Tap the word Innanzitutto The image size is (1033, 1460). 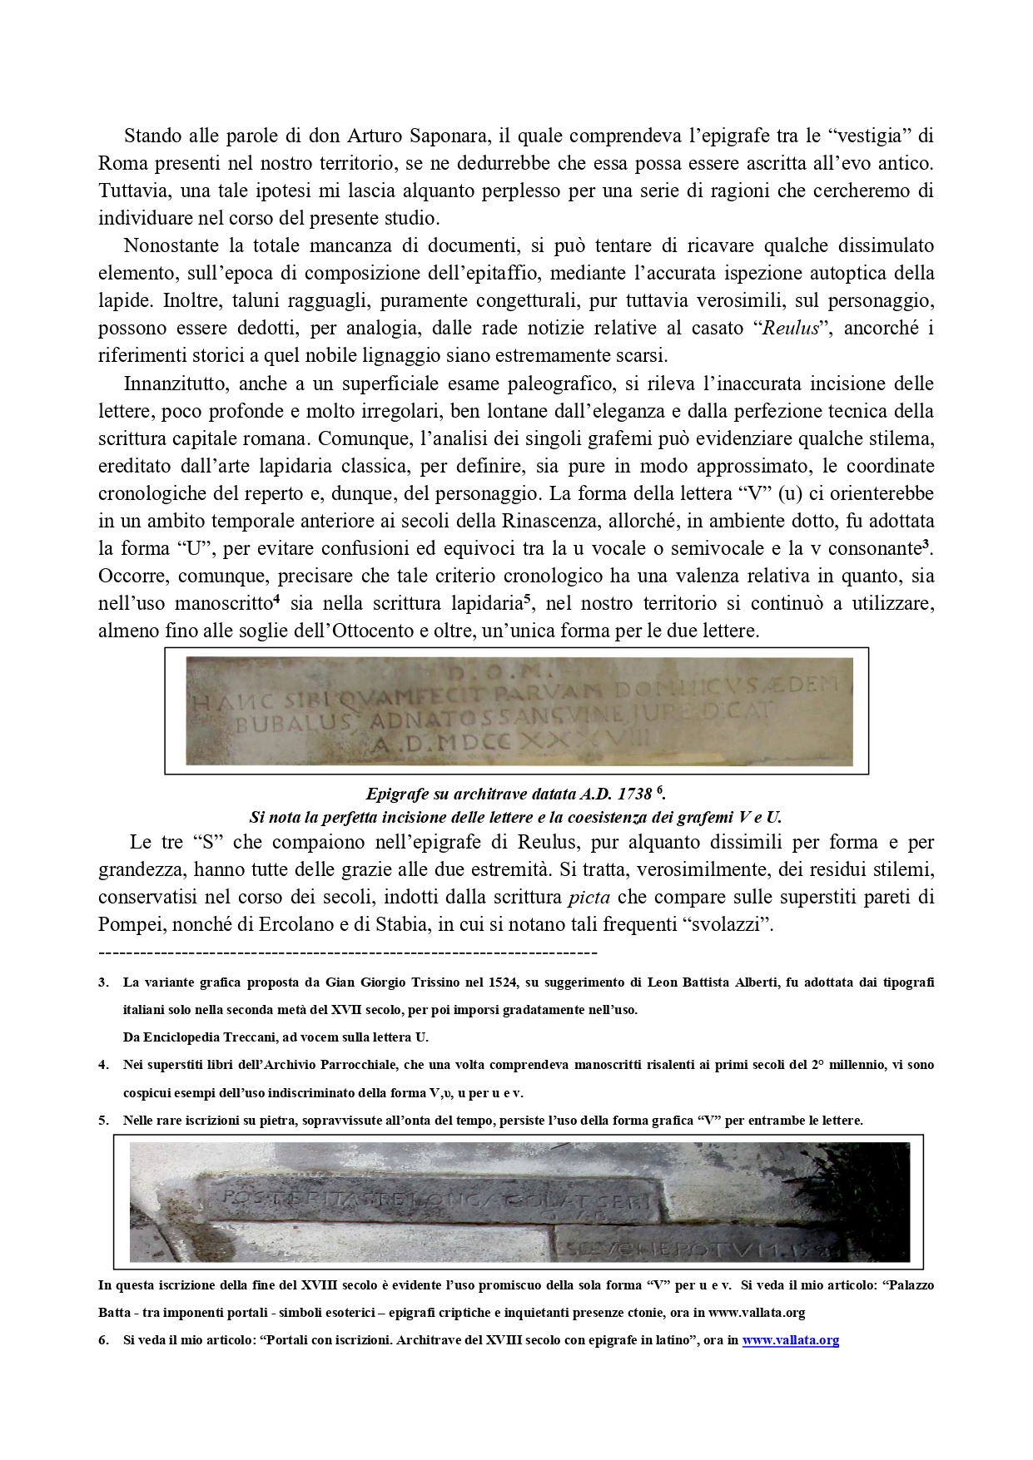tap(179, 384)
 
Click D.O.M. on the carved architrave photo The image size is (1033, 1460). tap(517, 669)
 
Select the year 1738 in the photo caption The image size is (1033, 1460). tap(633, 794)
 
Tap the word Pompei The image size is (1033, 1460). tap(128, 925)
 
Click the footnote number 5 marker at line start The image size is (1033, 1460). tap(103, 1121)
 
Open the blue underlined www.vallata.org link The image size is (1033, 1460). tap(790, 1340)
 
